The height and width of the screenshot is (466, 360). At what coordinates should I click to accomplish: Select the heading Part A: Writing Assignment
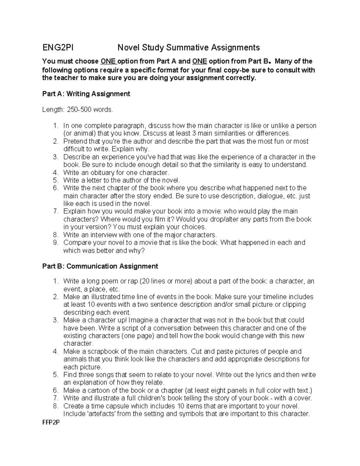[x=86, y=94]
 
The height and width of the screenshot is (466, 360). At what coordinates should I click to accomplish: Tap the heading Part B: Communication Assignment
[x=100, y=266]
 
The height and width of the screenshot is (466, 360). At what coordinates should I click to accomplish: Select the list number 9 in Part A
[x=55, y=242]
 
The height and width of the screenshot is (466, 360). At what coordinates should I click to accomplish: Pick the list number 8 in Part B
[x=55, y=406]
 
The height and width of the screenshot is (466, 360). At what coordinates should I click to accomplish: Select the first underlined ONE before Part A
[x=108, y=62]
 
